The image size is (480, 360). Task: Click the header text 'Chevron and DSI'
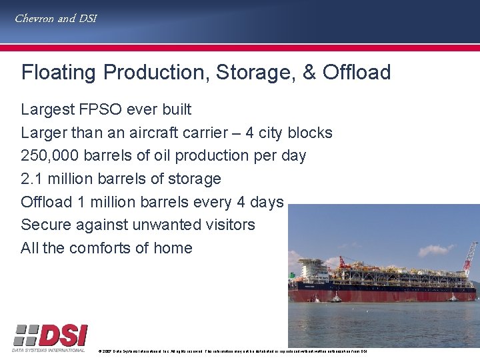56,19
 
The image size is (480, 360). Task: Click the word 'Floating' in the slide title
59,73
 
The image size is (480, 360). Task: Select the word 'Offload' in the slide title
357,73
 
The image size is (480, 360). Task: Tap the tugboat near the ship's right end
453,297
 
